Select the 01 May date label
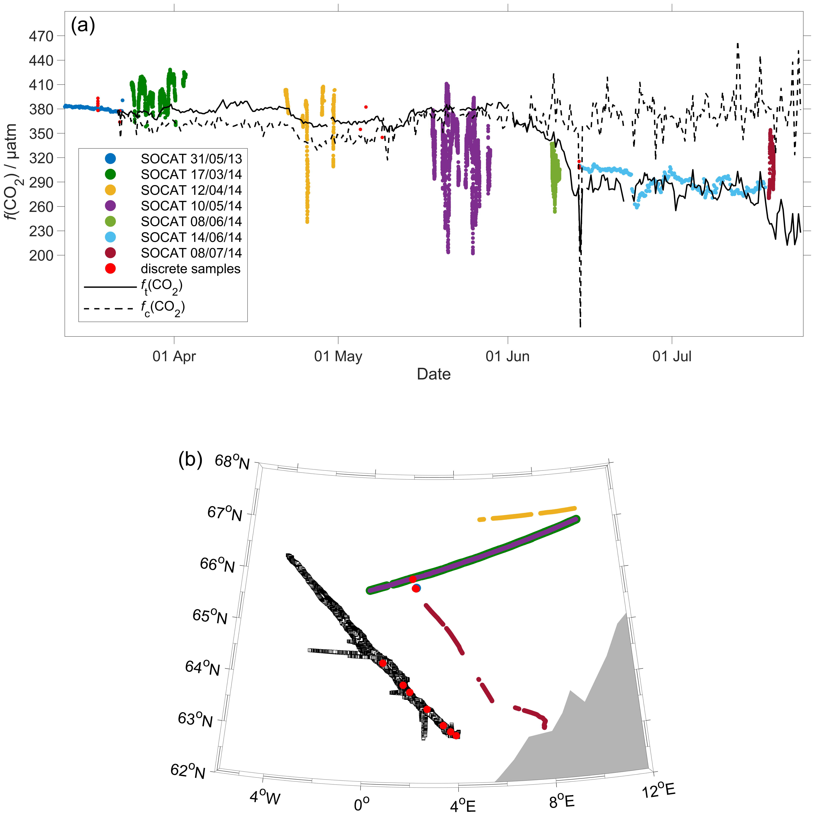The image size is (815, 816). pos(338,356)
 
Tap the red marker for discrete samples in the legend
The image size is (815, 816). pos(110,269)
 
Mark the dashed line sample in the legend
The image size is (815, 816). pos(109,309)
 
